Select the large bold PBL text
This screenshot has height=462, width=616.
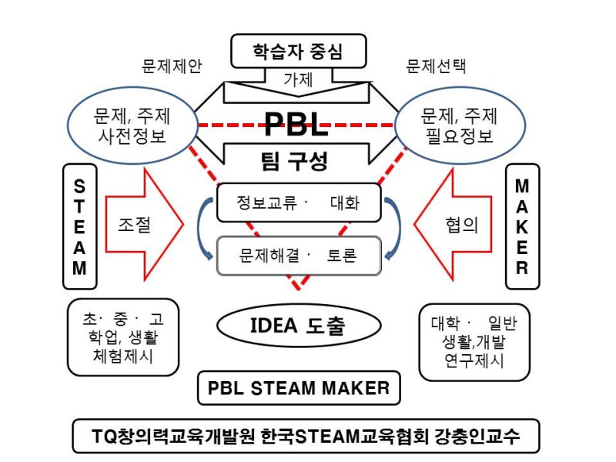click(296, 122)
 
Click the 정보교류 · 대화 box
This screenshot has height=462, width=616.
click(299, 203)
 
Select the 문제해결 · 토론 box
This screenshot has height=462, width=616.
click(299, 254)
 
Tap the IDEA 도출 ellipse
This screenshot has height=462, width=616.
click(299, 326)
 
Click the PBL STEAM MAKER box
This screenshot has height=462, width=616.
click(299, 387)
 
